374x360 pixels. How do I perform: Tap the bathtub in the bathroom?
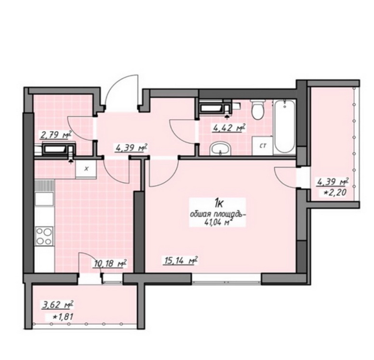point(284,127)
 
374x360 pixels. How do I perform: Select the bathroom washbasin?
point(220,148)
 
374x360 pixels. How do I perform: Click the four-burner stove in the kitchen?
point(44,236)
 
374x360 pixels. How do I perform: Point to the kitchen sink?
point(44,199)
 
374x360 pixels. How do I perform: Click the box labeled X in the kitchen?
point(86,169)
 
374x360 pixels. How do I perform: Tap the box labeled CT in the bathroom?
point(262,145)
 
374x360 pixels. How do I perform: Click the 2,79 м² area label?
point(56,135)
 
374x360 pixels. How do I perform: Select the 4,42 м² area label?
point(229,128)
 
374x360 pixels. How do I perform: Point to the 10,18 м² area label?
point(110,264)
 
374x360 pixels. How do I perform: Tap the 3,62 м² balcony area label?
point(57,305)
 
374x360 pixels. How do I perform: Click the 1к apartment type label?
point(219,204)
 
